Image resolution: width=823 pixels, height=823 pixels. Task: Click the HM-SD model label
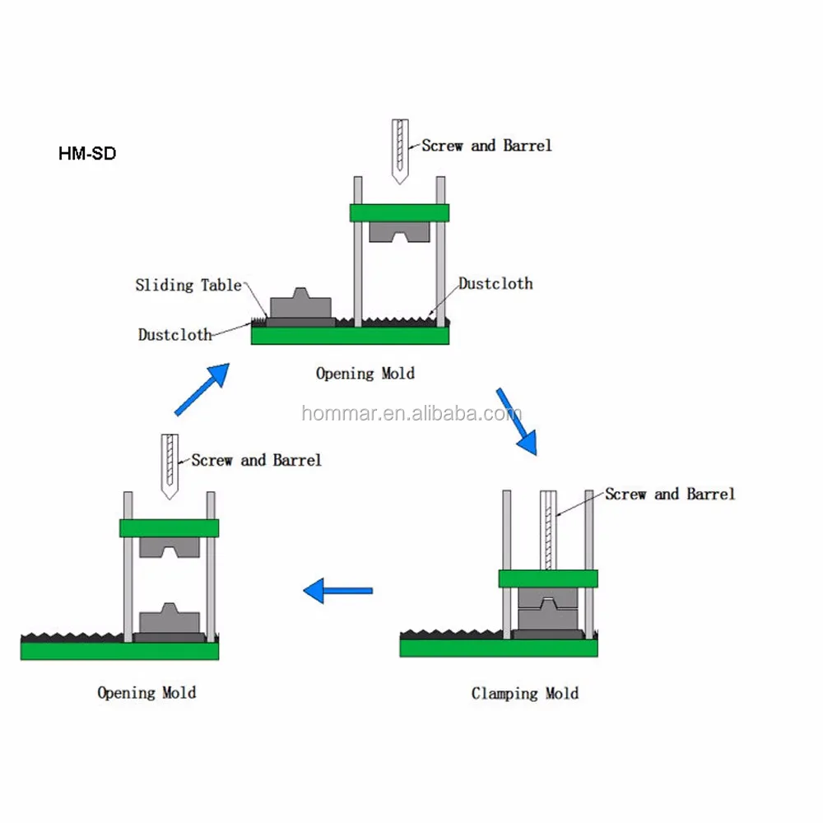pyautogui.click(x=87, y=153)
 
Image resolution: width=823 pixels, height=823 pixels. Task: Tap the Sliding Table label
pyautogui.click(x=188, y=285)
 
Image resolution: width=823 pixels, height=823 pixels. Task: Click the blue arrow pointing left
pyautogui.click(x=338, y=590)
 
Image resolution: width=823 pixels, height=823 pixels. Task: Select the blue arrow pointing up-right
pyautogui.click(x=202, y=389)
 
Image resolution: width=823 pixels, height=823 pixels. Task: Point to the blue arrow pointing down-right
pyautogui.click(x=517, y=421)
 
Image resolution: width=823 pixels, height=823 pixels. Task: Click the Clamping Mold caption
pyautogui.click(x=525, y=693)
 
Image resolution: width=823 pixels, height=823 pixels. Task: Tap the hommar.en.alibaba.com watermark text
pyautogui.click(x=411, y=414)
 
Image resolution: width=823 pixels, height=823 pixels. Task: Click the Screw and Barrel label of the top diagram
pyautogui.click(x=486, y=146)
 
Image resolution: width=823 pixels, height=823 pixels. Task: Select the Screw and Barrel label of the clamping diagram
pyautogui.click(x=670, y=494)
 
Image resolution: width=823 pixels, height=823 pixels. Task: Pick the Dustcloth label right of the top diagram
pyautogui.click(x=495, y=283)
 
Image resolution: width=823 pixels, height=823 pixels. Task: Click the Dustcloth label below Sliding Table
pyautogui.click(x=174, y=334)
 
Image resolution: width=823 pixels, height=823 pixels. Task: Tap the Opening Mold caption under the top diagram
pyautogui.click(x=365, y=373)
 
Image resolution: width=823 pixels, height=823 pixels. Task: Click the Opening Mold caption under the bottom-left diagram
pyautogui.click(x=147, y=692)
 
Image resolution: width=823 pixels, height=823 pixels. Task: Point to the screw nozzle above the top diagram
pyautogui.click(x=400, y=151)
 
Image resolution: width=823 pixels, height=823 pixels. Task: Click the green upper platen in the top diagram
pyautogui.click(x=399, y=212)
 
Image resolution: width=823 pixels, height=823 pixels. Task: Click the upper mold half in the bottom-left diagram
pyautogui.click(x=170, y=547)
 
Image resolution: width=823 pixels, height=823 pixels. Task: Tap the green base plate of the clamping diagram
pyautogui.click(x=499, y=648)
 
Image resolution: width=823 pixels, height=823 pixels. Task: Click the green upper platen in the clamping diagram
pyautogui.click(x=548, y=579)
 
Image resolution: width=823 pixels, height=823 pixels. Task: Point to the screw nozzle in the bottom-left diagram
pyautogui.click(x=170, y=466)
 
